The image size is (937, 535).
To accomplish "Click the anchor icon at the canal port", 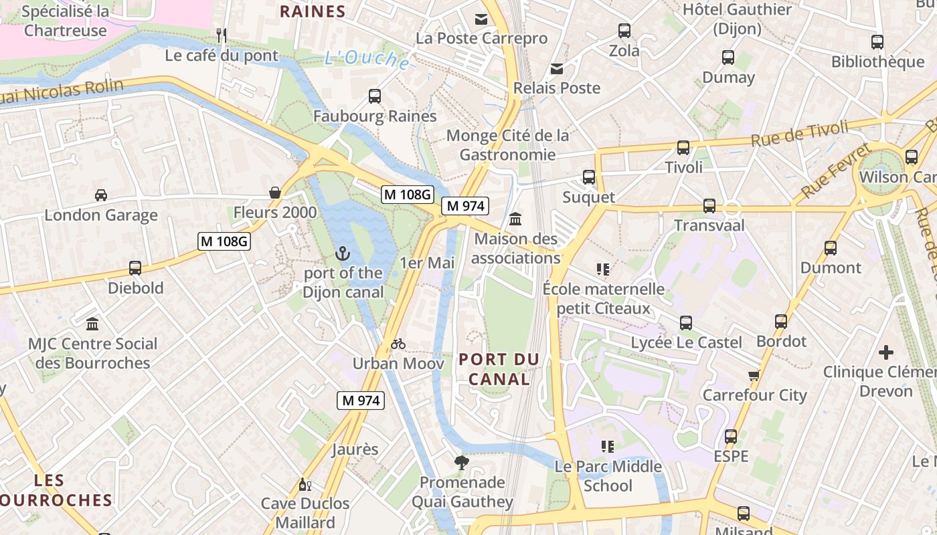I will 343,253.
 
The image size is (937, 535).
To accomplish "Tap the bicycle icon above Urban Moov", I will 398,344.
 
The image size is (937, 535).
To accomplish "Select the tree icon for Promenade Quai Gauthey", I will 461,462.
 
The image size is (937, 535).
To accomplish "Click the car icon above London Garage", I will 101,195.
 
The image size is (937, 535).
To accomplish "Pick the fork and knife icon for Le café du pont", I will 222,35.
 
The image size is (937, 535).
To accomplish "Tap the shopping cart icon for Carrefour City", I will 754,375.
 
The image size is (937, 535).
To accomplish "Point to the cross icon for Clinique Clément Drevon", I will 886,352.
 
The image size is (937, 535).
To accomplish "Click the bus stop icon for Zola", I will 624,30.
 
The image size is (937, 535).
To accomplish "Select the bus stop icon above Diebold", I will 135,268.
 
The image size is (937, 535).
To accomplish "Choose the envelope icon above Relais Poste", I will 557,68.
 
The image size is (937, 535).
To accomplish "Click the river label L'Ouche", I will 367,60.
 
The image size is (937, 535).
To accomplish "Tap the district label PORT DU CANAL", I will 499,369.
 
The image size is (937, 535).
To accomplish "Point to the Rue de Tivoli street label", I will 799,134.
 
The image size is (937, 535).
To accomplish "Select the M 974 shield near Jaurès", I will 360,401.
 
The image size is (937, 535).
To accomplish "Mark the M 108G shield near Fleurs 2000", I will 224,241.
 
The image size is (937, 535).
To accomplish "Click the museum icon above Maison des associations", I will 516,219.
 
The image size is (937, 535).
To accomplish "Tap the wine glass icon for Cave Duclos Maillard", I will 305,484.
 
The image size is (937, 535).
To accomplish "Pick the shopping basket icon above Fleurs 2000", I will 275,193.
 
